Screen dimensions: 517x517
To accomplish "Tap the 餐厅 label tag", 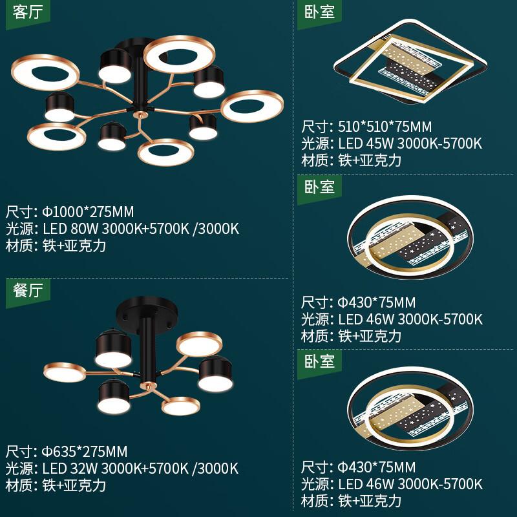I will pyautogui.click(x=27, y=291).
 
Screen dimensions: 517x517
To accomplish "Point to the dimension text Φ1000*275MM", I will pyautogui.click(x=88, y=212).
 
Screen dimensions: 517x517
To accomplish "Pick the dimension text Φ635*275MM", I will pyautogui.click(x=85, y=451).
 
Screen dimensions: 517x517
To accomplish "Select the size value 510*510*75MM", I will pyautogui.click(x=385, y=127).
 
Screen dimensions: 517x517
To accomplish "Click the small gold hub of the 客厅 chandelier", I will pyautogui.click(x=138, y=118).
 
